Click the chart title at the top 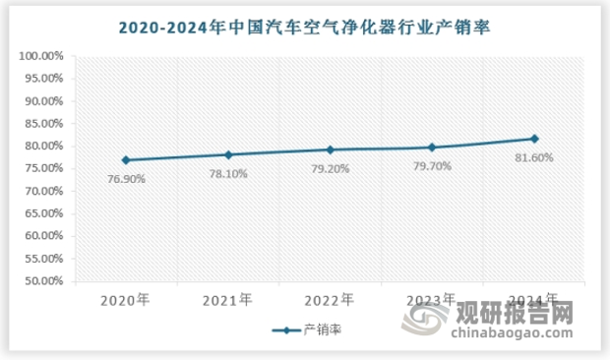tap(304, 29)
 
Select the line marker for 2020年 tap(127, 159)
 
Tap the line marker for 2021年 tap(228, 154)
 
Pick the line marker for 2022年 tap(331, 150)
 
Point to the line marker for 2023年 tap(433, 148)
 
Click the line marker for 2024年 tap(534, 139)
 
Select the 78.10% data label tap(228, 173)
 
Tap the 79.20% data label tap(331, 168)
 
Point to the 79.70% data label tap(433, 166)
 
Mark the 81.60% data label tap(534, 157)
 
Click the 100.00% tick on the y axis tap(41, 56)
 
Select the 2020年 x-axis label tap(127, 299)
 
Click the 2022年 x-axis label tap(331, 299)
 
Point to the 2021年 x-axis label tap(228, 299)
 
